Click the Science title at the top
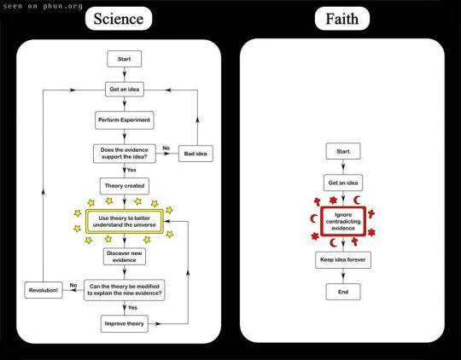point(119,19)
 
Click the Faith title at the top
point(342,19)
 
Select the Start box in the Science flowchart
point(125,59)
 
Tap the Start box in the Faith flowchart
point(343,151)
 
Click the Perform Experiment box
point(125,120)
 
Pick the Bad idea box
point(195,154)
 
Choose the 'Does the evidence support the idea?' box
point(125,154)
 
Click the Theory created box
point(125,186)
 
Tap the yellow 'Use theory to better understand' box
point(125,222)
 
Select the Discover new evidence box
point(125,257)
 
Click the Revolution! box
point(44,290)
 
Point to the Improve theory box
point(125,323)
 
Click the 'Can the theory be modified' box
point(125,290)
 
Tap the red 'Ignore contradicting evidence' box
point(343,222)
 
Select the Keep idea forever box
point(343,260)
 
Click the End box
point(343,292)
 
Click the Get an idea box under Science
point(125,90)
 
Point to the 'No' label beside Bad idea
point(166,148)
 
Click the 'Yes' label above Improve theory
point(132,307)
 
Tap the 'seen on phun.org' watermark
point(43,7)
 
